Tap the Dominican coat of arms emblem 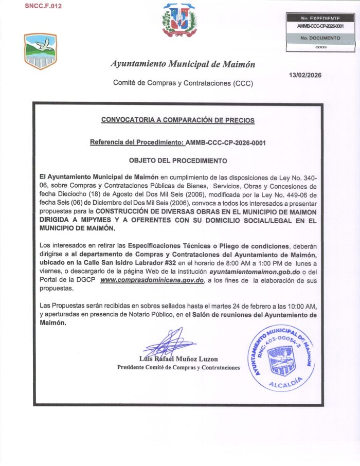click(x=179, y=21)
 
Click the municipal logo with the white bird click(x=40, y=51)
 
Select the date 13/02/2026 click(x=305, y=75)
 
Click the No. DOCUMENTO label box click(x=320, y=38)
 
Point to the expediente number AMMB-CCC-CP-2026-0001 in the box click(x=320, y=26)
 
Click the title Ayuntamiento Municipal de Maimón click(x=183, y=64)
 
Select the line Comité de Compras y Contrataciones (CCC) click(x=183, y=83)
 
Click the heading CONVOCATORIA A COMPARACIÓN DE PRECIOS click(x=178, y=120)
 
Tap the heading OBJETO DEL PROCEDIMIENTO click(x=178, y=160)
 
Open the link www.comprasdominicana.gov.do click(x=153, y=280)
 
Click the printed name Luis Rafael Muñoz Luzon click(x=178, y=359)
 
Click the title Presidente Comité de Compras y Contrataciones click(x=178, y=368)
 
